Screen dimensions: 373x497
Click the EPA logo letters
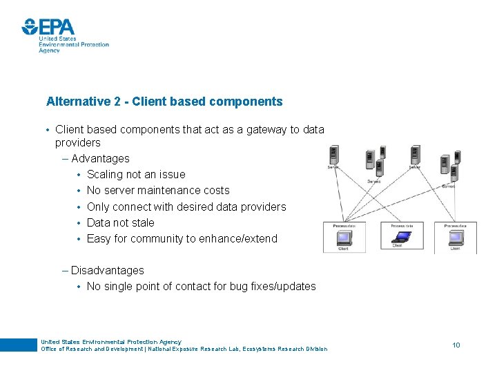pos(57,27)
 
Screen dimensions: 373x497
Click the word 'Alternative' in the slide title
pos(72,102)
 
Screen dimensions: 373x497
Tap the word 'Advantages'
pos(100,158)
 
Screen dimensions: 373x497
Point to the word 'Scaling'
pos(106,174)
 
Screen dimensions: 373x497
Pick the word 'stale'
pos(141,222)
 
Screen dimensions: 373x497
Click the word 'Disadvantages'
pos(108,270)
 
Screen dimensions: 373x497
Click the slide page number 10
pos(456,344)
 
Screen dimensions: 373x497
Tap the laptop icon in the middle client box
pos(400,236)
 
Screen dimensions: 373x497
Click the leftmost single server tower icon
pos(335,156)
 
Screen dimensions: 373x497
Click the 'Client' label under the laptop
pos(398,247)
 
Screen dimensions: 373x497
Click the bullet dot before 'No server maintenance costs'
pos(79,191)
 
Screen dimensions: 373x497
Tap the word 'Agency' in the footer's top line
pos(169,342)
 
